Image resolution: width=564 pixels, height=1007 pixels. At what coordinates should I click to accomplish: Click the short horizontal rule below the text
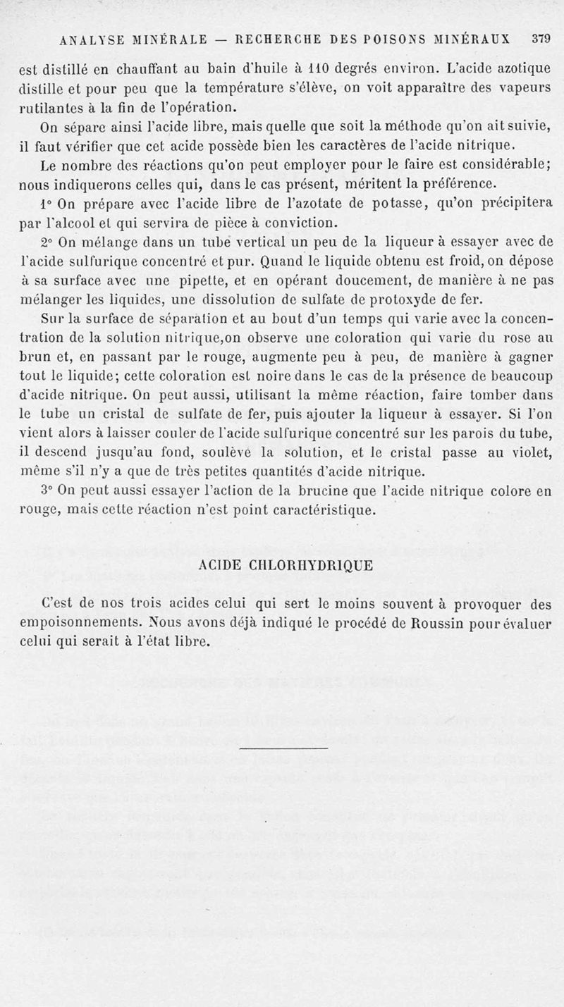tap(284, 748)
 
